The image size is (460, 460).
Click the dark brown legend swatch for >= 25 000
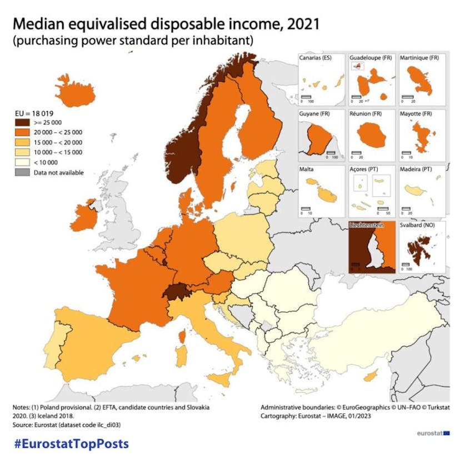pyautogui.click(x=23, y=122)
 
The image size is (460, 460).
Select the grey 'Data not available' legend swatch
pyautogui.click(x=23, y=172)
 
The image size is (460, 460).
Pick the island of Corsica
pyautogui.click(x=182, y=336)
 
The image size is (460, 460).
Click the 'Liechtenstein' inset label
pyautogui.click(x=368, y=226)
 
